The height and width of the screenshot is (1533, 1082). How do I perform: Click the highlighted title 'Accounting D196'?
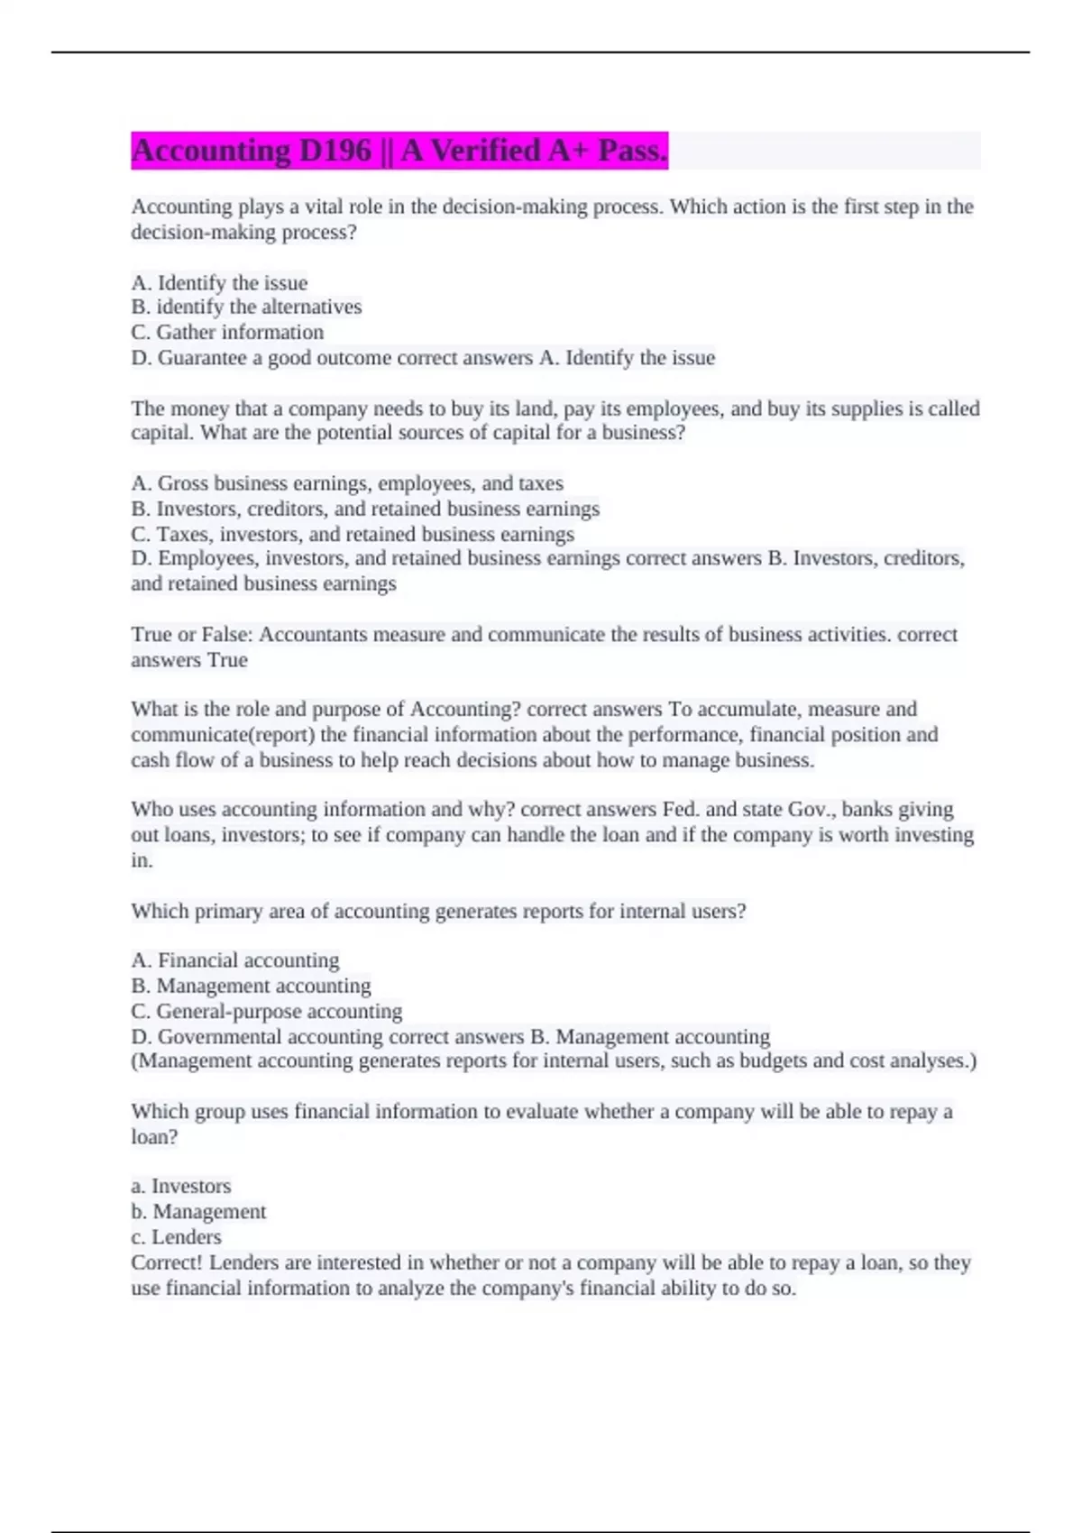251,151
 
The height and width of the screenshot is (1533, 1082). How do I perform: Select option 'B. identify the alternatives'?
246,308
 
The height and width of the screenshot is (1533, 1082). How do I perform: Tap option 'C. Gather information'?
227,333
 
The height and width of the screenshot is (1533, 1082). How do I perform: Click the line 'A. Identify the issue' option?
219,283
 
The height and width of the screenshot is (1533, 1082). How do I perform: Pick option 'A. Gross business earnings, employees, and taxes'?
347,483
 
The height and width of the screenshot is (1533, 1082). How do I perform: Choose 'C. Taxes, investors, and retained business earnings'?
353,535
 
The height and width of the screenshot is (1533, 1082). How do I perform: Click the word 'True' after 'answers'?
227,660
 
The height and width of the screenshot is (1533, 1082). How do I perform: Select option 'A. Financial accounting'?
235,960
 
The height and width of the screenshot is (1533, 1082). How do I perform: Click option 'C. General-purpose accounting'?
267,1012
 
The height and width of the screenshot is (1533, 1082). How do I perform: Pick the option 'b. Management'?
198,1212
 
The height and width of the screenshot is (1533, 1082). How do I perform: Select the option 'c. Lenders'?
176,1237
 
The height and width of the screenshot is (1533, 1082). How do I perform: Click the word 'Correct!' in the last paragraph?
167,1262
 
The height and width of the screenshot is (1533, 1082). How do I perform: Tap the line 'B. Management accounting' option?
251,987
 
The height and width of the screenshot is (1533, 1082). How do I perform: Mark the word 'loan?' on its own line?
155,1137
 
